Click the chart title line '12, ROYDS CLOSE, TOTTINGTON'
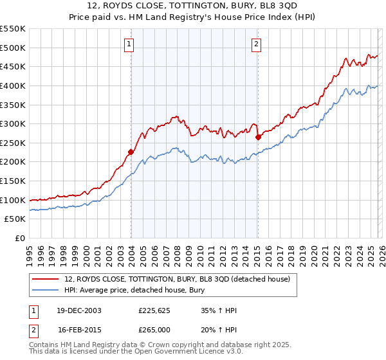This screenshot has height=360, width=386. [x=193, y=7]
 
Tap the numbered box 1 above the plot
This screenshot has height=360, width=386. [x=129, y=44]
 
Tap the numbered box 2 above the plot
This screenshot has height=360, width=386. [x=256, y=44]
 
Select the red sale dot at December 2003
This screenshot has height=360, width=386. [x=131, y=152]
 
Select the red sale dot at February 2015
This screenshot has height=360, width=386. [x=257, y=137]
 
